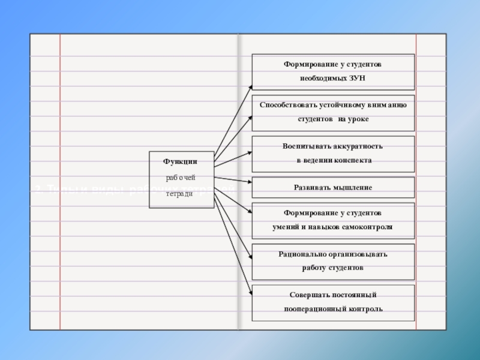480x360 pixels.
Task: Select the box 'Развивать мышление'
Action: coord(333,187)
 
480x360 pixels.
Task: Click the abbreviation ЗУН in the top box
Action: coord(356,79)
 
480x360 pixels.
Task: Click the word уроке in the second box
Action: coord(358,119)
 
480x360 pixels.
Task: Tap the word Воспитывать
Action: coord(305,146)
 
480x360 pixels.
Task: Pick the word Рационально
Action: coord(302,254)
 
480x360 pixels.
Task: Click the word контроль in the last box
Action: coord(367,309)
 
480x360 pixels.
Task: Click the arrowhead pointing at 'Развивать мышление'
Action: coord(248,181)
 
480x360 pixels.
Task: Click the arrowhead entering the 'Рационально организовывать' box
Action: coord(248,253)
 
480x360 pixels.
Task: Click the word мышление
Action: coord(354,187)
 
